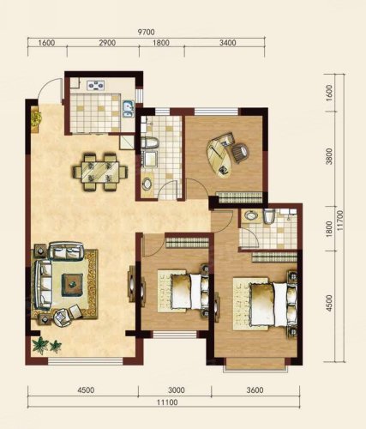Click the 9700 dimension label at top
(x=146, y=32)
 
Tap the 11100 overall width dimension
(x=167, y=402)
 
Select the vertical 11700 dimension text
(x=340, y=222)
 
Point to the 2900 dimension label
(x=107, y=43)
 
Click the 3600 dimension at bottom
(x=255, y=390)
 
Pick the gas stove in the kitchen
(x=96, y=85)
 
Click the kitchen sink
(x=129, y=109)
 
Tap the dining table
(x=100, y=172)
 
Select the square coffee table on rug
(x=73, y=285)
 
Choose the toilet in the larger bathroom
(x=150, y=142)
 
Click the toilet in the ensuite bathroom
(x=269, y=216)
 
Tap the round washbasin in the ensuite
(x=251, y=215)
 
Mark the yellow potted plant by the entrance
(x=36, y=118)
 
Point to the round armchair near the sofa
(x=63, y=317)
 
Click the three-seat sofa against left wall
(x=43, y=285)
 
